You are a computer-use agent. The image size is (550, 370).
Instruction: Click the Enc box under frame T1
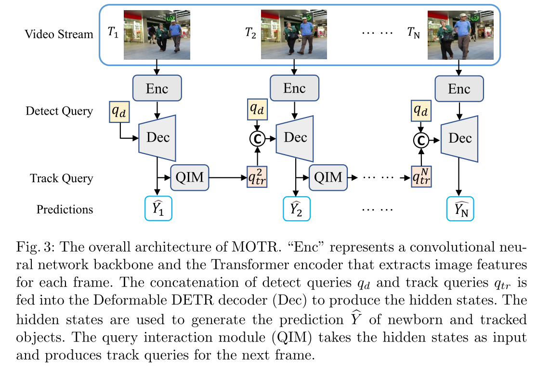click(157, 88)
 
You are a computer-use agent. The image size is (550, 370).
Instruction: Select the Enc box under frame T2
click(294, 88)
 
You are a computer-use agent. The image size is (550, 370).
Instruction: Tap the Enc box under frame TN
click(459, 88)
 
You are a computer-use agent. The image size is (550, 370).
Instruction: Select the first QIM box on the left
click(189, 177)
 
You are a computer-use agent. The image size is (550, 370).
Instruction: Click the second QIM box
click(328, 177)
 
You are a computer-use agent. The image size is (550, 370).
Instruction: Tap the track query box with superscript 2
click(257, 177)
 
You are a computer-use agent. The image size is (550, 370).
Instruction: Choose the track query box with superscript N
click(421, 177)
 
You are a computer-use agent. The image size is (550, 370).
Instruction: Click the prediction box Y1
click(158, 208)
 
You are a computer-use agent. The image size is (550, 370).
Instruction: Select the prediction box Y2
click(296, 208)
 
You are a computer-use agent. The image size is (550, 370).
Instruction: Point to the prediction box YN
click(460, 208)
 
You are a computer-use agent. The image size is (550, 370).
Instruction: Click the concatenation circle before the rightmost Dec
click(421, 140)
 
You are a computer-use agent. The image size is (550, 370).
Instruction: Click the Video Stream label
click(59, 34)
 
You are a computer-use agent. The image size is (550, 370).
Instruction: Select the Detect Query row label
click(59, 111)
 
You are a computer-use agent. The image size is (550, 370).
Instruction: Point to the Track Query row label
click(61, 178)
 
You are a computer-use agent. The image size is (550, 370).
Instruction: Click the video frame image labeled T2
click(294, 35)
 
